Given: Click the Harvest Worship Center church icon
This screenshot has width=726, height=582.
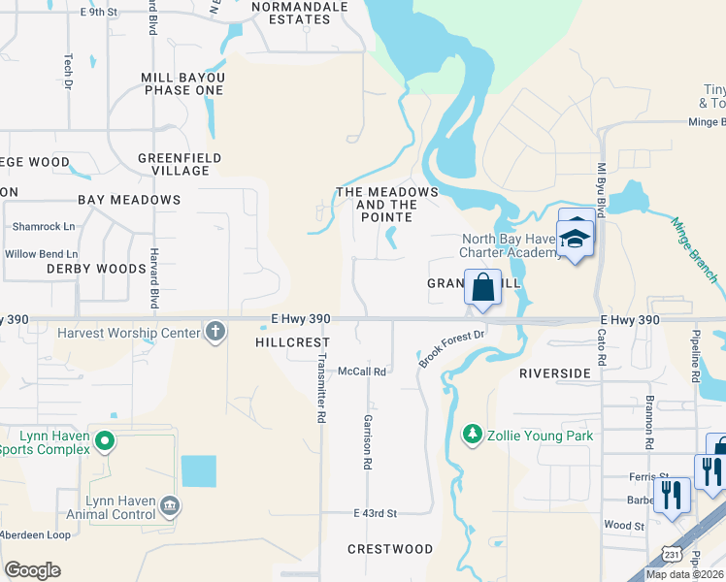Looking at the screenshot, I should (x=215, y=333).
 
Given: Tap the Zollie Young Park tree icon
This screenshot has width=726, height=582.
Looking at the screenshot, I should (x=473, y=435).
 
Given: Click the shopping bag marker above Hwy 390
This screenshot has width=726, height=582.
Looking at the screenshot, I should (x=482, y=288).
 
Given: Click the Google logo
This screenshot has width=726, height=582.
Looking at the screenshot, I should (x=32, y=570).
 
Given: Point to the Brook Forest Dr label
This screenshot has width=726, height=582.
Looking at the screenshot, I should (x=451, y=348).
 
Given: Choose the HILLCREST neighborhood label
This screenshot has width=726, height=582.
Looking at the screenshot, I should (x=292, y=342).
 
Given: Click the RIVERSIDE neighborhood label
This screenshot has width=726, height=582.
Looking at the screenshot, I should (x=555, y=373).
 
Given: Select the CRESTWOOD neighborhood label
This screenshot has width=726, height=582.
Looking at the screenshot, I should (x=390, y=549).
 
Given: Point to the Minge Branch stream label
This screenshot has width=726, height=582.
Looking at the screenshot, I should (x=695, y=249).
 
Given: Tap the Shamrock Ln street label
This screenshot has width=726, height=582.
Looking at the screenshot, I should (x=44, y=227).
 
